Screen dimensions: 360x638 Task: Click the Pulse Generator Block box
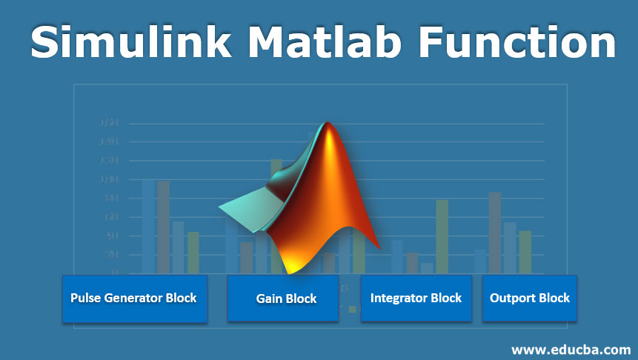[134, 299]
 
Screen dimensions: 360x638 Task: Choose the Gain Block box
[283, 299]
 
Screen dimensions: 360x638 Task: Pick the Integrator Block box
[416, 299]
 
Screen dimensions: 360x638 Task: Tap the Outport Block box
[529, 299]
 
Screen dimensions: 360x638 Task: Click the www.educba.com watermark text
[571, 348]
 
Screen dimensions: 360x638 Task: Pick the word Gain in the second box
[269, 299]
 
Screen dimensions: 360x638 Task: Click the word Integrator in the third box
[399, 298]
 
